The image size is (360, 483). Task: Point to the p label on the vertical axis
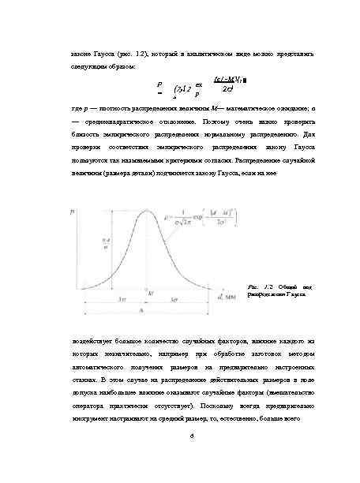(x=73, y=212)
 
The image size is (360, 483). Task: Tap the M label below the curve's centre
(x=149, y=293)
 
